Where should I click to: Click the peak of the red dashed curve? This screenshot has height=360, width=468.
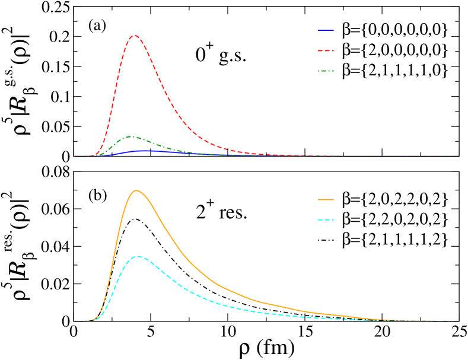[135, 35]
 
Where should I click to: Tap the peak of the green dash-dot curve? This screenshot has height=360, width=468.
[132, 136]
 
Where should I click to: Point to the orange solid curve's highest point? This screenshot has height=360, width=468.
[136, 190]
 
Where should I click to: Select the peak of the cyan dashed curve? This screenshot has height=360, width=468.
[138, 256]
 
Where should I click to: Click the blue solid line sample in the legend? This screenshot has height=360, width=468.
[326, 30]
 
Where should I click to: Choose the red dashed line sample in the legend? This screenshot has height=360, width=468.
[326, 50]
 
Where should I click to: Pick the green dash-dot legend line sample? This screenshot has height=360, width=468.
[326, 71]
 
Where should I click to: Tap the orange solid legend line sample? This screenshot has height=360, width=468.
[326, 199]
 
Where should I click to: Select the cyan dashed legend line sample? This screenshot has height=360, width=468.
[326, 219]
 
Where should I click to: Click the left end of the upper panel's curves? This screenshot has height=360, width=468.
[75, 157]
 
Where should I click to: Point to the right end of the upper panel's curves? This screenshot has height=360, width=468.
[459, 157]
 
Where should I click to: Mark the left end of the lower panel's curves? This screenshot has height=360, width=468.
[75, 321]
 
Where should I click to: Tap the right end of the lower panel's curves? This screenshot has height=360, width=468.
[459, 321]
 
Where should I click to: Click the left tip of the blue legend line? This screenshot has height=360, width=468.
[318, 30]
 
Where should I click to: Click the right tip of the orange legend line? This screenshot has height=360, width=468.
[334, 199]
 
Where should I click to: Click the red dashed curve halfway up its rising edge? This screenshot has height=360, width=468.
[113, 96]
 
